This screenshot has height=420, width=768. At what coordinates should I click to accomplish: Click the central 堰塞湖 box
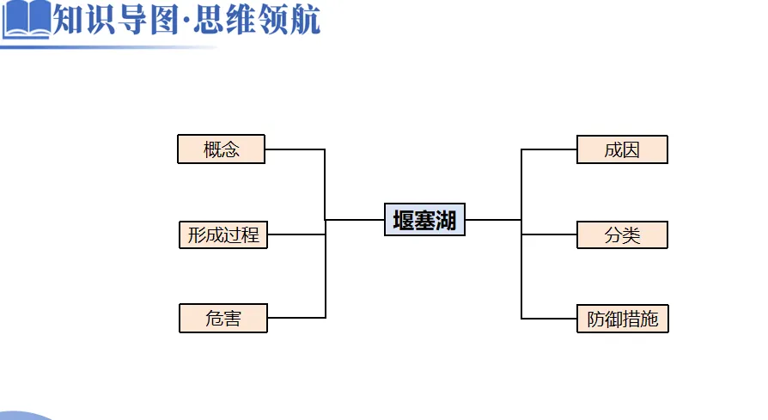click(x=424, y=220)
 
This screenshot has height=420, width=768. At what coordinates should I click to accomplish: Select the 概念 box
click(x=222, y=149)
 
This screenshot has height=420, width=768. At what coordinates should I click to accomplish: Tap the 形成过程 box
click(x=223, y=234)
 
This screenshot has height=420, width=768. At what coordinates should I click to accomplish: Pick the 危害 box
click(x=223, y=319)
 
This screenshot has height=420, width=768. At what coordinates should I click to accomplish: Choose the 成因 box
click(x=622, y=149)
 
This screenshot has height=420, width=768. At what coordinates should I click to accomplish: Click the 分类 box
click(x=622, y=234)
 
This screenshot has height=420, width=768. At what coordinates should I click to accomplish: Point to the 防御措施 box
click(x=622, y=319)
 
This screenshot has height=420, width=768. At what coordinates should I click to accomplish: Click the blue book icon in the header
click(x=26, y=19)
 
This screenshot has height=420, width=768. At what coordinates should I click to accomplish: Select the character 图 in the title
click(x=164, y=19)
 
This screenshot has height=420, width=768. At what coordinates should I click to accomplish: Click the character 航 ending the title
click(x=304, y=19)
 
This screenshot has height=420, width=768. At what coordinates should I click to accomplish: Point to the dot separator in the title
click(x=188, y=21)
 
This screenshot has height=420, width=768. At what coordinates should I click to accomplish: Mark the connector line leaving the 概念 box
click(x=295, y=149)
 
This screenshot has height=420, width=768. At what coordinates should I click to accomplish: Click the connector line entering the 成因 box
click(x=549, y=149)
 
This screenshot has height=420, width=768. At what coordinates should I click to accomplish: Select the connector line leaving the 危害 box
click(x=296, y=318)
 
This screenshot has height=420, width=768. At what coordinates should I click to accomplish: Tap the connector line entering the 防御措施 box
click(x=549, y=319)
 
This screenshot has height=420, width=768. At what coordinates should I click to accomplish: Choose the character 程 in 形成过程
click(x=250, y=234)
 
